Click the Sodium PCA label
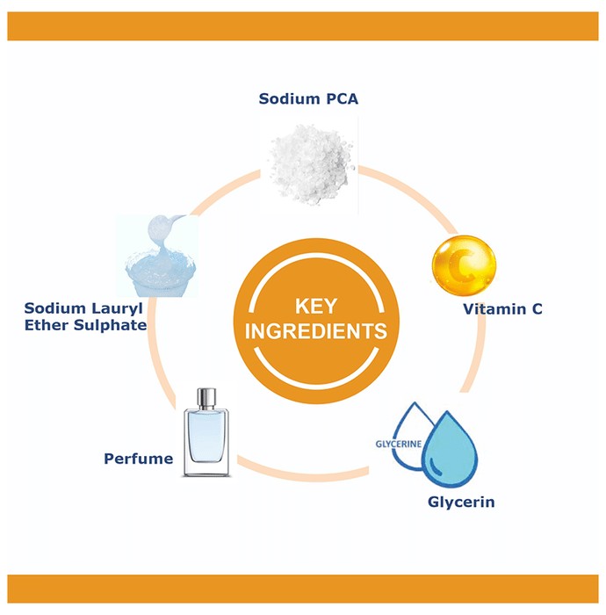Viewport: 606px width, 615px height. pos(308,98)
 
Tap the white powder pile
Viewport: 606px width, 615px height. pos(311,164)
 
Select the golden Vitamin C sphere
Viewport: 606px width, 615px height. pos(464,265)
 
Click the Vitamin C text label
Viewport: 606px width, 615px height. pos(503,309)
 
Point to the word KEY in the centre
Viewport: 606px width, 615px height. pos(316,306)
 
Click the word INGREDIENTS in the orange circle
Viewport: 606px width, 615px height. pos(316,331)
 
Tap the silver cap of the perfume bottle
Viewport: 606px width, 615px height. pos(206,398)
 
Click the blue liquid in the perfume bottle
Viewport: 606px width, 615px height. pos(206,436)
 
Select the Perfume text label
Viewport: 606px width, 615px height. pos(139,459)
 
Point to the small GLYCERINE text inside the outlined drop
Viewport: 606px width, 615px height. pos(398,444)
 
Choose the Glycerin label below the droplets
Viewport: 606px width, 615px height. pos(461,502)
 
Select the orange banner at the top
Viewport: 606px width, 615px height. pos(303,25)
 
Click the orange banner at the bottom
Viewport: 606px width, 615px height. pos(303,589)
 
